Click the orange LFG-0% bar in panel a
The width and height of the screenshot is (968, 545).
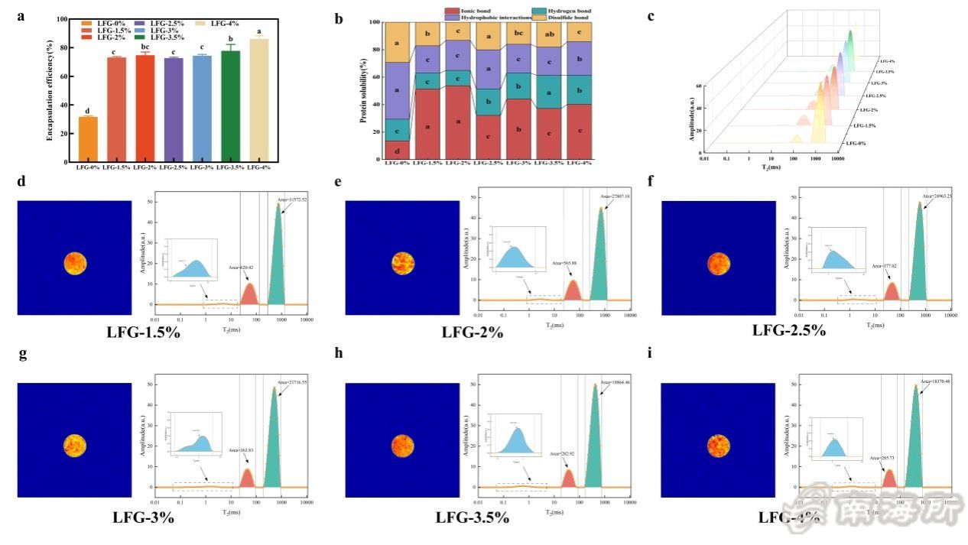[88, 139]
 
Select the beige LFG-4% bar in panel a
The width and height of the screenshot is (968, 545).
[259, 100]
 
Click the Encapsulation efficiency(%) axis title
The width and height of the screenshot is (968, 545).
[50, 91]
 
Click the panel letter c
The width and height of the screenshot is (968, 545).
[651, 16]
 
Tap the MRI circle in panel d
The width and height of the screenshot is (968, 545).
[75, 263]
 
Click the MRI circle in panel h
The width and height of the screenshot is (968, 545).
[402, 445]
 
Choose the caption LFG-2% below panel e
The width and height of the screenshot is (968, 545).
[473, 332]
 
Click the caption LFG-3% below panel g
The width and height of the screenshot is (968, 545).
[144, 517]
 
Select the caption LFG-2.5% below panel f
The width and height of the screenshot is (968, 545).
[789, 331]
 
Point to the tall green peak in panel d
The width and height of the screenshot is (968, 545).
[278, 260]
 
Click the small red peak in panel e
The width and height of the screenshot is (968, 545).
[573, 290]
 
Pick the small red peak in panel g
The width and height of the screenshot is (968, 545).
[247, 478]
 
